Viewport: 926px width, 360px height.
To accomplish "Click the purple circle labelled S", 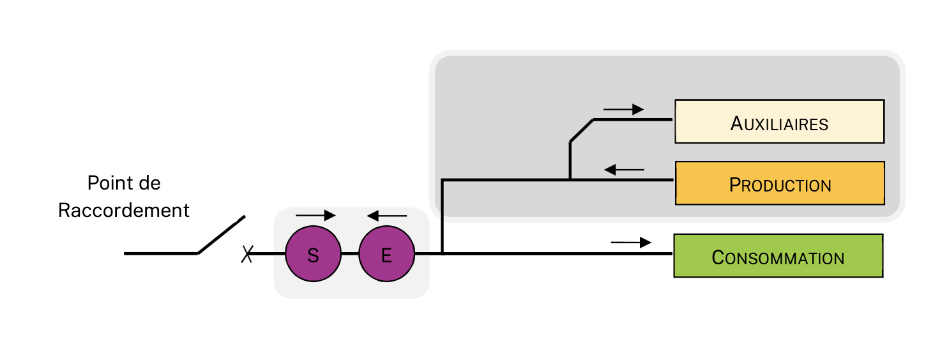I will tap(313, 255).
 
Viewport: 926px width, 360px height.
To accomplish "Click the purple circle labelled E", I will tap(386, 255).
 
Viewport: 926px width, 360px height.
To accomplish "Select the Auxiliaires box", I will tap(779, 121).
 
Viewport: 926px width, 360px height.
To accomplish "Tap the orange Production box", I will tap(779, 183).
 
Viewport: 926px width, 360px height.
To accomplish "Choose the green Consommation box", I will tap(778, 255).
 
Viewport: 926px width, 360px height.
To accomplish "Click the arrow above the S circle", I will tap(315, 215).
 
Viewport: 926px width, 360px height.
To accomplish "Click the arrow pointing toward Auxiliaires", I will tap(623, 110).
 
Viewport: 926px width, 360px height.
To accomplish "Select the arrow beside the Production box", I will tap(624, 170).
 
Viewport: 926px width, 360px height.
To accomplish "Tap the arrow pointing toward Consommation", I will tap(631, 243).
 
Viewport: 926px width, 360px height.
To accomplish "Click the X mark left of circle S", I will tap(247, 255).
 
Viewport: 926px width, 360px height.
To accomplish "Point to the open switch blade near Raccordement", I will tap(221, 235).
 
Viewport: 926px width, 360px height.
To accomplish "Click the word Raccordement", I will tap(124, 211).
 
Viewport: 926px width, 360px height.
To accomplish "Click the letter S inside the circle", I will tap(313, 255).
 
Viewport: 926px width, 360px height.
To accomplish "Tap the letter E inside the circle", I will tap(386, 255).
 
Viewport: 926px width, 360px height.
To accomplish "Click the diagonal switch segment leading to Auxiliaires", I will tap(582, 130).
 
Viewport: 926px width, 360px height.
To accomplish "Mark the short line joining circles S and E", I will tap(350, 254).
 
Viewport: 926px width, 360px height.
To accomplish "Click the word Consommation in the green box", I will tap(778, 258).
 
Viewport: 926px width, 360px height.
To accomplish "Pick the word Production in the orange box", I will tap(780, 185).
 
